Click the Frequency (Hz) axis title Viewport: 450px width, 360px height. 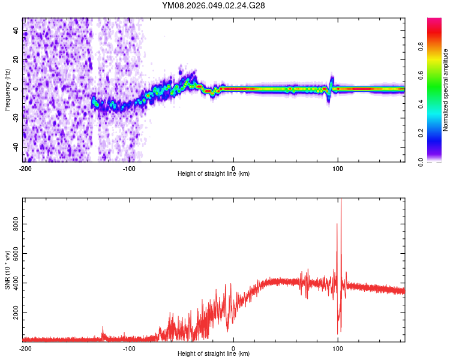pyautogui.click(x=7, y=89)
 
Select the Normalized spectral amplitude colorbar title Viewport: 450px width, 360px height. pyautogui.click(x=446, y=90)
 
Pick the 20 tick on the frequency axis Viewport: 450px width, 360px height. pyautogui.click(x=16, y=60)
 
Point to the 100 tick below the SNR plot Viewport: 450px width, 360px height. pyautogui.click(x=338, y=348)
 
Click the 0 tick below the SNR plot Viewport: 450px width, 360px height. pyautogui.click(x=233, y=348)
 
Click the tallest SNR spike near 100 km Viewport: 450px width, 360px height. pyautogui.click(x=341, y=202)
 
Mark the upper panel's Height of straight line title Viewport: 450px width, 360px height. pyautogui.click(x=214, y=173)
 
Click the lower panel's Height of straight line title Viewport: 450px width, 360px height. pyautogui.click(x=214, y=353)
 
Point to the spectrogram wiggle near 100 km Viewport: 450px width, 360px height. pyautogui.click(x=331, y=87)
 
